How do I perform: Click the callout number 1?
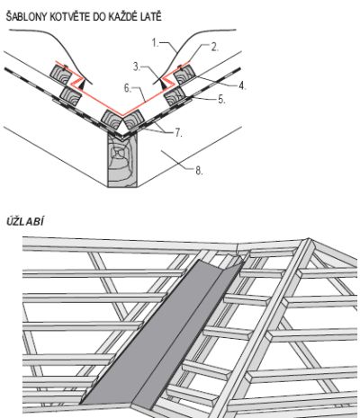click(x=155, y=43)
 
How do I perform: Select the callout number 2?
click(x=214, y=47)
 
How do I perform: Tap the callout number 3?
click(x=137, y=67)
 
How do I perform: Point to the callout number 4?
click(x=242, y=86)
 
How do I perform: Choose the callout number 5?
click(x=221, y=100)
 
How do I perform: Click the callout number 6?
click(x=128, y=88)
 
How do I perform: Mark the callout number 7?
click(x=178, y=133)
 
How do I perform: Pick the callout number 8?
click(x=199, y=171)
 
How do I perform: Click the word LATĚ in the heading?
click(x=152, y=16)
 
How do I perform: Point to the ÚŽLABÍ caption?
click(x=25, y=221)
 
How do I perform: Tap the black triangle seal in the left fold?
click(x=82, y=84)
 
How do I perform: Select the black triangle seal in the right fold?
click(x=162, y=84)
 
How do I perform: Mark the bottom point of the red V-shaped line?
click(x=122, y=115)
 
